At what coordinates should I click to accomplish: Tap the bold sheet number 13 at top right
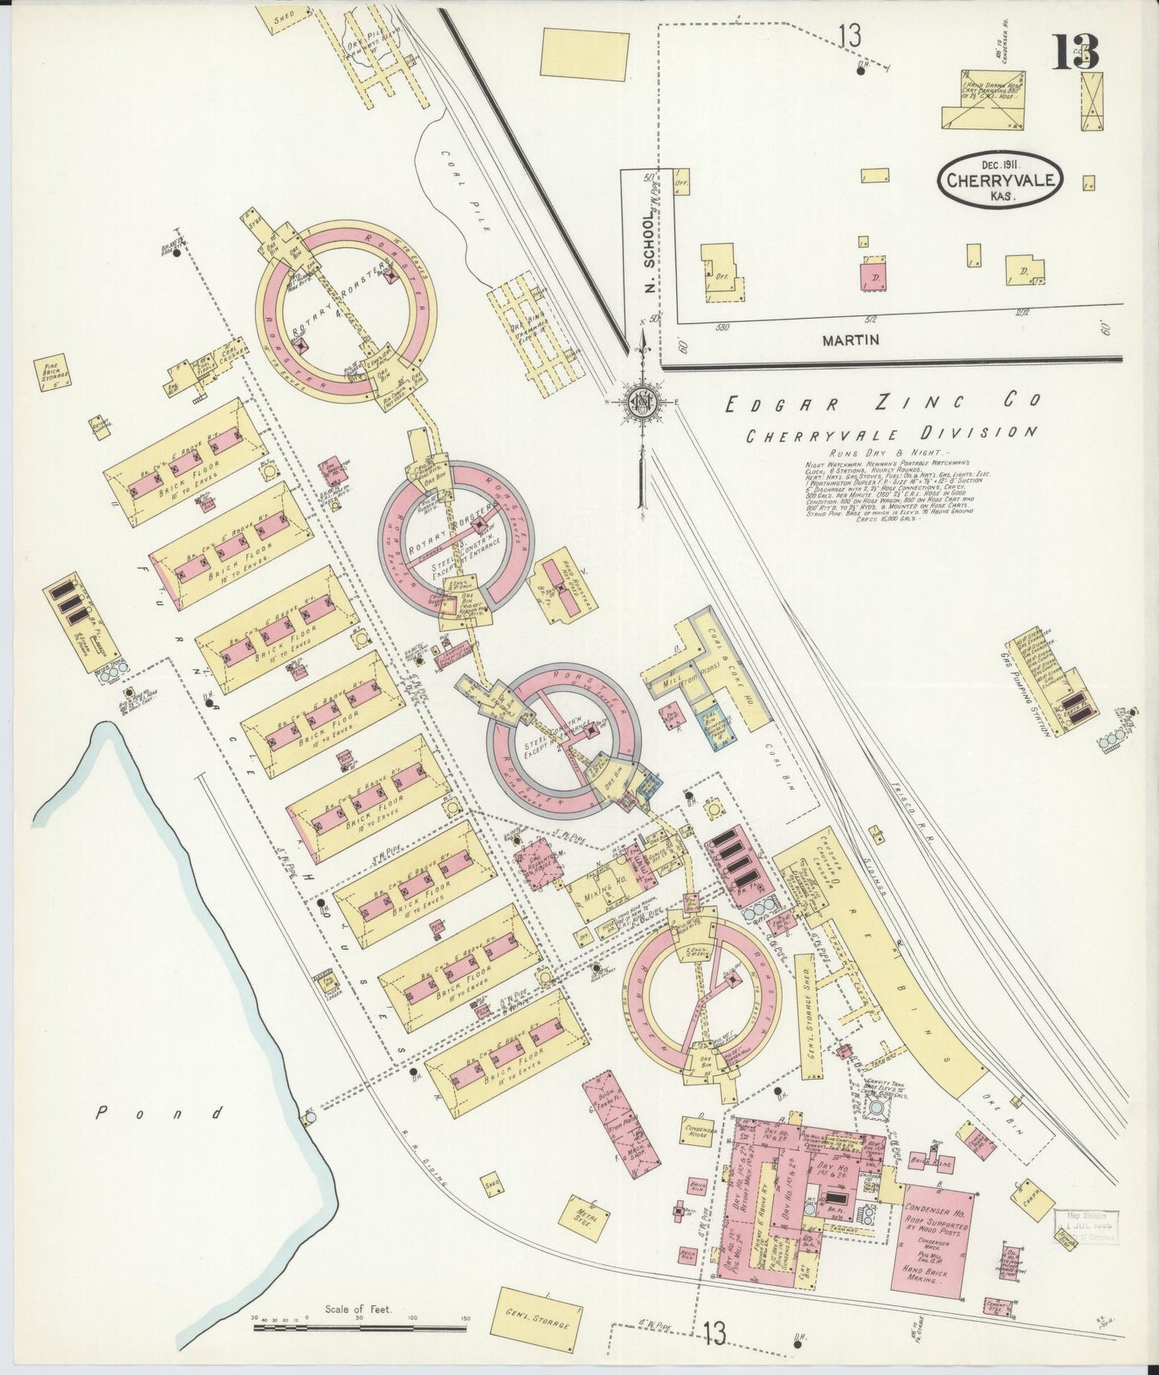coord(1076,52)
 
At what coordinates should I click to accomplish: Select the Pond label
coord(160,1113)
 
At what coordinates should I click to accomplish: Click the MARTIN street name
coord(850,340)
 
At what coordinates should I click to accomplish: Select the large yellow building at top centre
coord(584,54)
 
